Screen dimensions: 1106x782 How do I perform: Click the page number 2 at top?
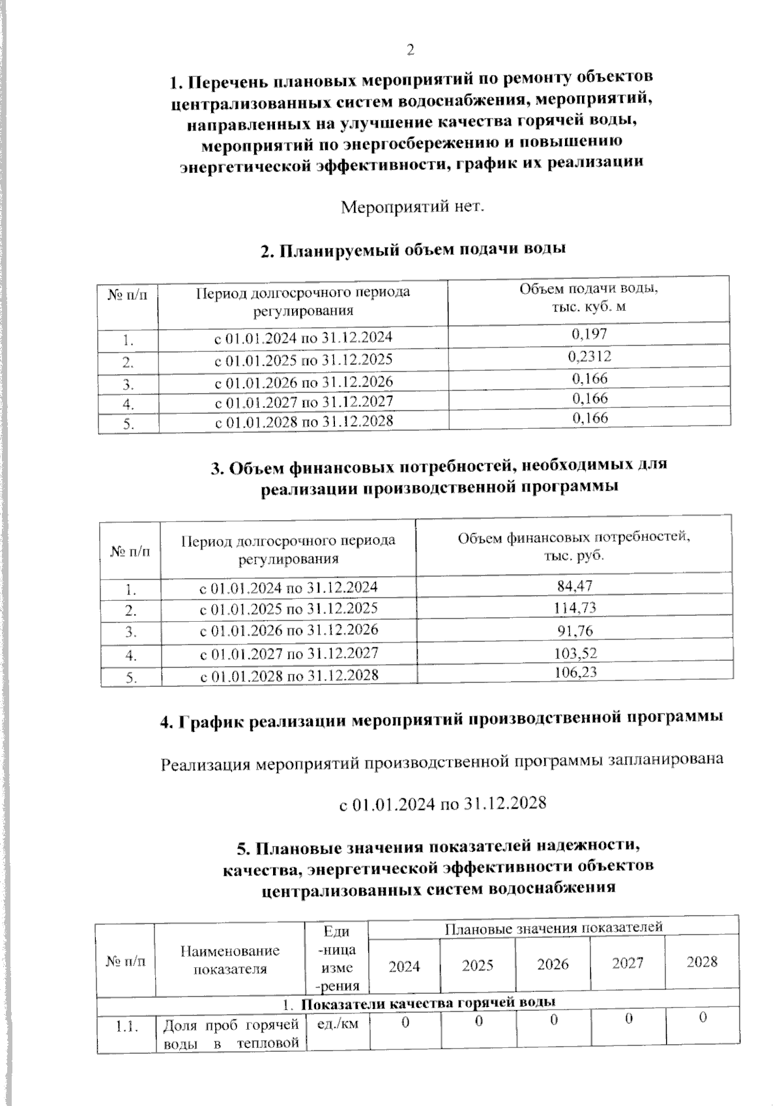click(x=410, y=50)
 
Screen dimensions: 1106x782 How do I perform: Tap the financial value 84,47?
click(x=575, y=586)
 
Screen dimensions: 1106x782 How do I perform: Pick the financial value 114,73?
click(x=575, y=608)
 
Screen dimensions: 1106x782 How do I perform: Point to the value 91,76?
click(x=575, y=630)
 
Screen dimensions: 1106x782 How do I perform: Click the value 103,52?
click(x=575, y=652)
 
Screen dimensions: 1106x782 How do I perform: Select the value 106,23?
click(x=575, y=673)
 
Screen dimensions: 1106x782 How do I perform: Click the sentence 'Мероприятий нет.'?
click(x=413, y=208)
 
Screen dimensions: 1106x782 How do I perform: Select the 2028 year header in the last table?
click(x=702, y=962)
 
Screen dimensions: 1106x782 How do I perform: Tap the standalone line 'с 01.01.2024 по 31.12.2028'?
click(x=442, y=803)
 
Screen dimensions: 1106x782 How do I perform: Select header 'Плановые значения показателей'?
click(x=553, y=927)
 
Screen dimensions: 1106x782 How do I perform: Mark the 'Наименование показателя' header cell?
click(x=230, y=960)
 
